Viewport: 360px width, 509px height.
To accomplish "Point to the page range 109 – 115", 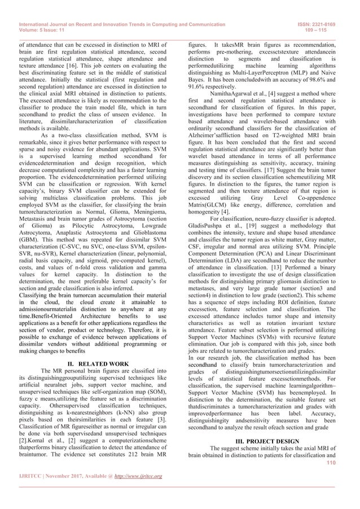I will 327,30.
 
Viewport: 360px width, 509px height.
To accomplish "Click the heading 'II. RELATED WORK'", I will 99,346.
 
